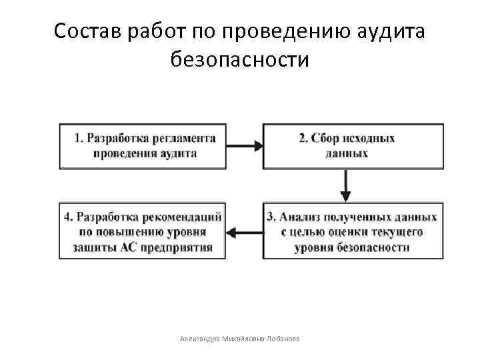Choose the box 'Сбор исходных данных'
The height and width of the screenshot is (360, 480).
coord(352,145)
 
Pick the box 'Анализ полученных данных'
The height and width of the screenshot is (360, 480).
coord(352,232)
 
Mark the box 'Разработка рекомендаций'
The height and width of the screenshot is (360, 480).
coord(143,232)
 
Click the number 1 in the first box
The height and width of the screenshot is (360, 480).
coord(78,138)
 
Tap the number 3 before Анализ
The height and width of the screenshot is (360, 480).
coord(270,217)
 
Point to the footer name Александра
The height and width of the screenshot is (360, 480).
coord(200,339)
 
